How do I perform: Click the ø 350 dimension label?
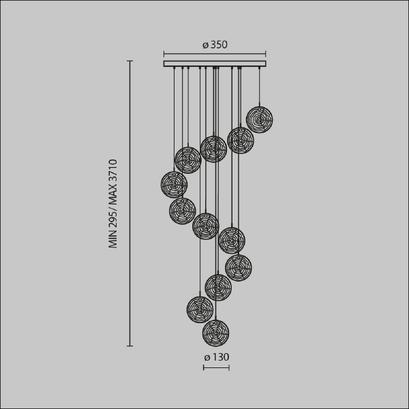(215, 44)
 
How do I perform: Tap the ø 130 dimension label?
(217, 357)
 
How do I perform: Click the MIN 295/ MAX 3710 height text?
(113, 204)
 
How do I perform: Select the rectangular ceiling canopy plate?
(215, 63)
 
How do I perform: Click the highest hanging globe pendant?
(259, 120)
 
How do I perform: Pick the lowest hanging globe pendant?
(215, 333)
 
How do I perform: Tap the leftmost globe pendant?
(174, 185)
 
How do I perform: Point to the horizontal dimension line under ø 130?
(216, 368)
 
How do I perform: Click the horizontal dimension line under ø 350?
(215, 54)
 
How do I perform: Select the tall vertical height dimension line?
(130, 203)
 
